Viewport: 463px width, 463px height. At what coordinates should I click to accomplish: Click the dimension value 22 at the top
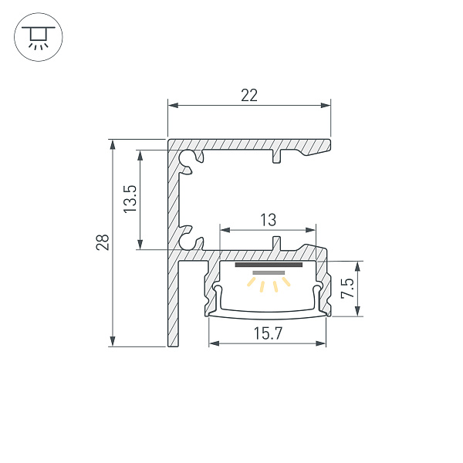click(248, 95)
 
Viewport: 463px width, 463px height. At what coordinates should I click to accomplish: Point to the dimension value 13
click(268, 220)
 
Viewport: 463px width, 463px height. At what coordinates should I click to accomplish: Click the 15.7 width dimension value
click(267, 333)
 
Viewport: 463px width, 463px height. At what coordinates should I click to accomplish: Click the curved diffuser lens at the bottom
click(267, 313)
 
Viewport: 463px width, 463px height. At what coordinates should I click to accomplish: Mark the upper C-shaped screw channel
click(187, 159)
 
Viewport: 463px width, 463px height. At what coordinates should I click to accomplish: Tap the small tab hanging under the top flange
click(276, 157)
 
